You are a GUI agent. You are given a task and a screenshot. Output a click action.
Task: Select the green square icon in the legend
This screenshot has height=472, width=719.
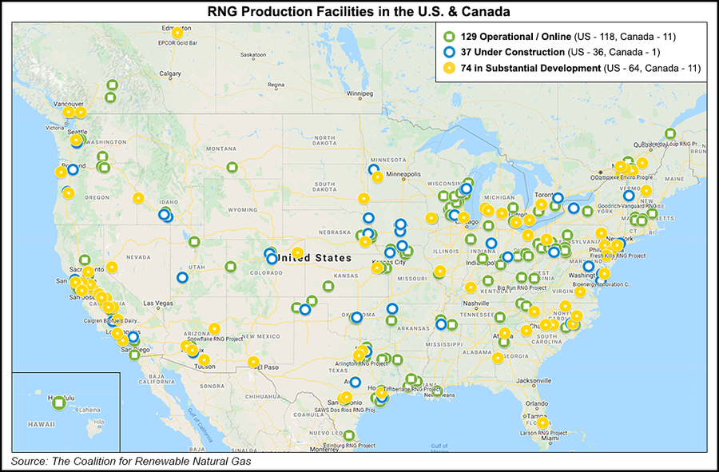tap(449, 37)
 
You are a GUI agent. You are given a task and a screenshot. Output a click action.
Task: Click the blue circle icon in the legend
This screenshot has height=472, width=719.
tap(449, 53)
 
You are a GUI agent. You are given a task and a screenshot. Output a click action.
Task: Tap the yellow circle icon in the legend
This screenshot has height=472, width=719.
tap(449, 69)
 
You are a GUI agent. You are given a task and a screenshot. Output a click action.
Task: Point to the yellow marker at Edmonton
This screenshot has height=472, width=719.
tap(177, 33)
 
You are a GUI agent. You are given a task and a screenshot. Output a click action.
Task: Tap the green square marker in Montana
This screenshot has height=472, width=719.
tap(232, 167)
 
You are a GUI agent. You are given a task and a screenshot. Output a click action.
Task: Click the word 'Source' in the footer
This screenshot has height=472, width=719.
tap(28, 462)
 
